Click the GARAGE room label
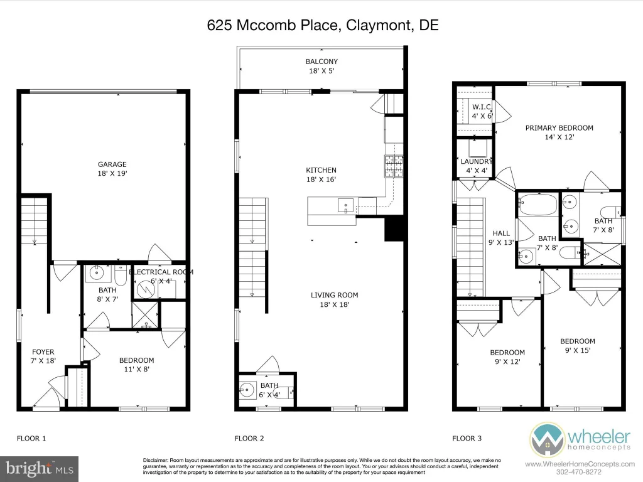(x=112, y=164)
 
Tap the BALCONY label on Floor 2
(x=321, y=62)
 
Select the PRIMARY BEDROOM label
(x=559, y=128)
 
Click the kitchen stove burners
(x=394, y=166)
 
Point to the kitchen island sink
(x=346, y=205)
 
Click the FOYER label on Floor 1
(x=43, y=351)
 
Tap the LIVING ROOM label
(x=334, y=295)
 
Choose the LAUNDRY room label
(x=476, y=161)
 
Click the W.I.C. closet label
(x=482, y=107)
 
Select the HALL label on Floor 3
(x=501, y=233)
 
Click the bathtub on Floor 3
(x=538, y=205)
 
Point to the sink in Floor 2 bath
(x=247, y=390)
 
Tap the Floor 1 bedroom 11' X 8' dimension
(x=136, y=369)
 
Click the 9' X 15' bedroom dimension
(x=578, y=350)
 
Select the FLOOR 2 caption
(x=249, y=439)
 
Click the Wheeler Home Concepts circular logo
(x=547, y=440)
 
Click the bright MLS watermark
(x=40, y=469)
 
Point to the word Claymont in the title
(x=379, y=25)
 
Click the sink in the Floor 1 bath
(x=97, y=273)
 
